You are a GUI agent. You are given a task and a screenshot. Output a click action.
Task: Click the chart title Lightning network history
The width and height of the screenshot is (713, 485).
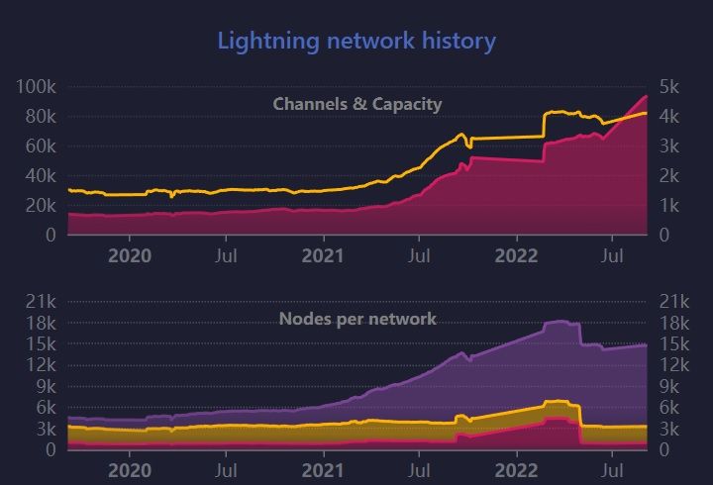[x=356, y=41]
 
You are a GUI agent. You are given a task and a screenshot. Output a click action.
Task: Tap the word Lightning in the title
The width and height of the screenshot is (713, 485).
[x=261, y=42]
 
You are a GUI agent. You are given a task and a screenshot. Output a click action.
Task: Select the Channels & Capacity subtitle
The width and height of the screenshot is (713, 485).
[x=356, y=104]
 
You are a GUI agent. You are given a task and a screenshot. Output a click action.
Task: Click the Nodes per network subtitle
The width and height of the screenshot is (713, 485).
[x=357, y=319]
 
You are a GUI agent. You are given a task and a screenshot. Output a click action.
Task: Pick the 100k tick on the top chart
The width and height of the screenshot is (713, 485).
[x=37, y=87]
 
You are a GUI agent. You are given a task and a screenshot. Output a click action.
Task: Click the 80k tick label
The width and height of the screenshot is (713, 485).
[x=41, y=116]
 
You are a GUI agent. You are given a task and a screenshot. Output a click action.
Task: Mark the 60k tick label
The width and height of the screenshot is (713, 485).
[x=41, y=145]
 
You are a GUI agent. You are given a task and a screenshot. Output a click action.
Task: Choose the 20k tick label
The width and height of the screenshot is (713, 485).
[x=41, y=205]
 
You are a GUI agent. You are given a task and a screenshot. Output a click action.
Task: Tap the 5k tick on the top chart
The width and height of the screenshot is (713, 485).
[x=668, y=87]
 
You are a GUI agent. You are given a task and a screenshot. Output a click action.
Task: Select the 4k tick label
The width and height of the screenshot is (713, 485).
[x=668, y=116]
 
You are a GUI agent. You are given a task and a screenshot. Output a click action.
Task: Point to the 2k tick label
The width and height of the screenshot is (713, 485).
[x=668, y=175]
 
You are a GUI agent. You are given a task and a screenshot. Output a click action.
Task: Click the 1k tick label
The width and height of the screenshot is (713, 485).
[x=668, y=205]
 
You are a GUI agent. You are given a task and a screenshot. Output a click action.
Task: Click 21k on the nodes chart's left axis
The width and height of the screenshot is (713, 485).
[x=41, y=302]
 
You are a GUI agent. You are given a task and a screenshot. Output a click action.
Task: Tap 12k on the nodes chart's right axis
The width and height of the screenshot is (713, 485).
[x=672, y=365]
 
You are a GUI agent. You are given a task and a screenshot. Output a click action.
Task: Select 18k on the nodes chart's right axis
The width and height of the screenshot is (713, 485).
[x=672, y=323]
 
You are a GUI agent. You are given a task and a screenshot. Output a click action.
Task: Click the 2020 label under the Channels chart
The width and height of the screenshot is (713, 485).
[x=129, y=255]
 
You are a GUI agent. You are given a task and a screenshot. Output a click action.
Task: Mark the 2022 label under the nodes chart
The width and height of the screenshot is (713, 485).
[x=516, y=470]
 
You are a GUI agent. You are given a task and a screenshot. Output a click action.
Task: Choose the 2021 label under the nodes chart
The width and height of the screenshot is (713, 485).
[x=323, y=470]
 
